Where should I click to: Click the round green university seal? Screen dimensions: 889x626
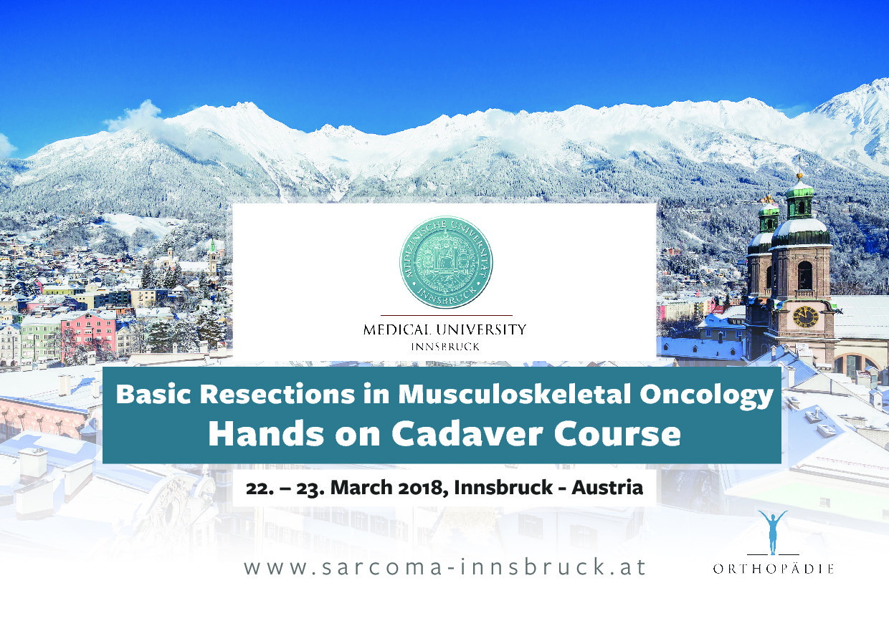(x=446, y=262)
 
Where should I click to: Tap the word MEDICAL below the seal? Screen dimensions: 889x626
(x=397, y=330)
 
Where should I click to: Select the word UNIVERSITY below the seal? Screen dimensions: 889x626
(x=481, y=330)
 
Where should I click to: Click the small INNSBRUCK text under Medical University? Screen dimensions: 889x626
(x=445, y=347)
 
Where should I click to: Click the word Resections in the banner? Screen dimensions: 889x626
(x=277, y=394)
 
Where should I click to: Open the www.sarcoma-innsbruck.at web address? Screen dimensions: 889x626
(x=445, y=567)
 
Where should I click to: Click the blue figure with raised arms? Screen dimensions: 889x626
(x=773, y=532)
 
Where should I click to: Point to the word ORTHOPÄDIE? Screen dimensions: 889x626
(x=773, y=569)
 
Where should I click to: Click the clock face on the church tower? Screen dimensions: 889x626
(x=806, y=317)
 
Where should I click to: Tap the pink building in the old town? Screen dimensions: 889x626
(x=88, y=335)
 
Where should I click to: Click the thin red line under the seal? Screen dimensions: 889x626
(x=447, y=316)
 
